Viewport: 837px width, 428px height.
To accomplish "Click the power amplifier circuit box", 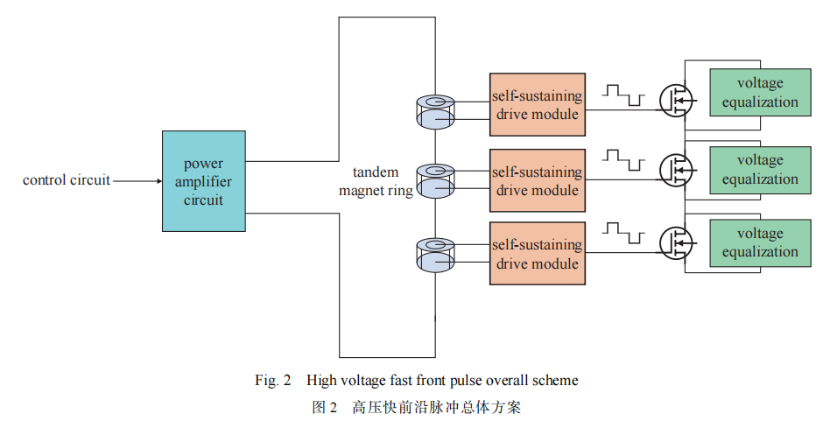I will point(203,181).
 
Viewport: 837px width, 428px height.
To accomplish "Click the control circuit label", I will point(67,181).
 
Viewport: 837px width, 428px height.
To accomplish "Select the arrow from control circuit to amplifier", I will point(137,181).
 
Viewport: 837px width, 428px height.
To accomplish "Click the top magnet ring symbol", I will point(434,111).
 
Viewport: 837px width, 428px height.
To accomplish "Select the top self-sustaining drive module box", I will point(537,104).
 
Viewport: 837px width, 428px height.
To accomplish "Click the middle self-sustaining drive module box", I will point(537,180).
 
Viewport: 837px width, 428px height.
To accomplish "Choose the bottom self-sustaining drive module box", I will point(537,254).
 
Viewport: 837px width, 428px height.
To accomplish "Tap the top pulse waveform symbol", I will point(623,93).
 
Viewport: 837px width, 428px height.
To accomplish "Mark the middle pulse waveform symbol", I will point(623,160).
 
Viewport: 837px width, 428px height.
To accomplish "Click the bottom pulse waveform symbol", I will point(623,233).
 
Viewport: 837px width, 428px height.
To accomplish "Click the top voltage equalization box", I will point(760,92).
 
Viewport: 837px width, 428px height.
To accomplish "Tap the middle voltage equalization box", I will point(760,169).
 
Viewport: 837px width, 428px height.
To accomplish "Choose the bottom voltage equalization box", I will point(760,242).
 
